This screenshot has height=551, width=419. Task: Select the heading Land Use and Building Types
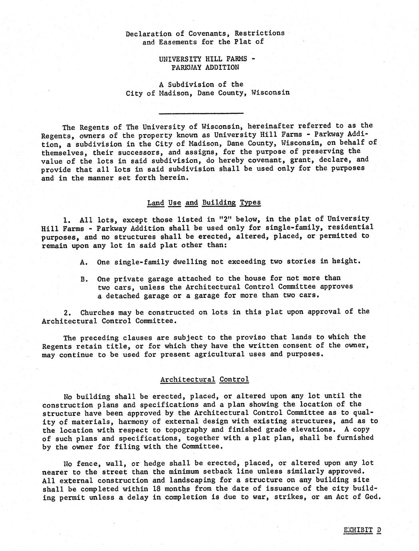(x=204, y=202)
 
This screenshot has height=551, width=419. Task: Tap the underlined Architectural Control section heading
(x=205, y=379)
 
